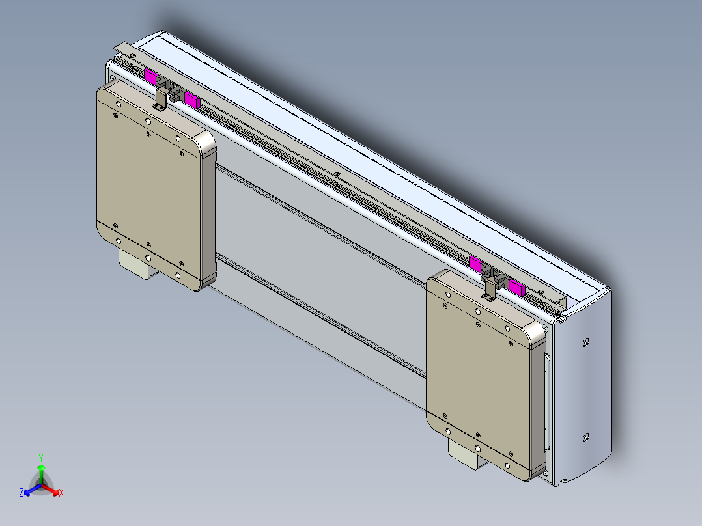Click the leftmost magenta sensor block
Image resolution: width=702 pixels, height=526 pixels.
(150, 77)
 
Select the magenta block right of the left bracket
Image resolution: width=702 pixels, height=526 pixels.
(191, 99)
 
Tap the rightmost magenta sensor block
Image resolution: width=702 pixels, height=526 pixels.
(516, 287)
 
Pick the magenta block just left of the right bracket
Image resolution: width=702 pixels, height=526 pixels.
(475, 264)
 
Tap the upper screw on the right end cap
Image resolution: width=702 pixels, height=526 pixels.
(587, 341)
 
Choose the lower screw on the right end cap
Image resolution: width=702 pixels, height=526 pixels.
(586, 437)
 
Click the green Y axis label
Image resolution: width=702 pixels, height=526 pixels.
(40, 458)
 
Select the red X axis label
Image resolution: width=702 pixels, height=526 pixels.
(61, 493)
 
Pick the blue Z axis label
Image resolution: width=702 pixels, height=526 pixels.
(21, 493)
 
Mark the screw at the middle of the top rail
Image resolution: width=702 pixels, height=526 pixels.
(337, 174)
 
